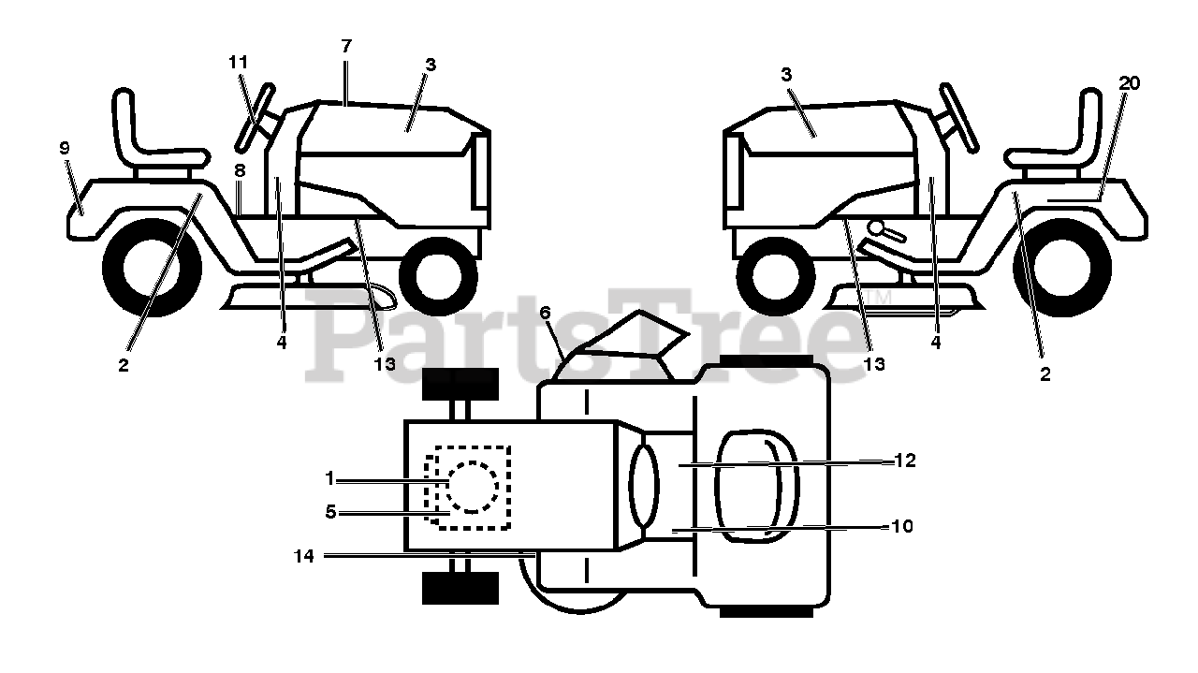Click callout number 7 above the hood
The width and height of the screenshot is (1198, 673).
(x=346, y=47)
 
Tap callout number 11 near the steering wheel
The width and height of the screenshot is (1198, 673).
(x=239, y=63)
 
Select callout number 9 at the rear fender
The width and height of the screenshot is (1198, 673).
(x=65, y=148)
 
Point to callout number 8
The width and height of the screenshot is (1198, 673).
(x=240, y=170)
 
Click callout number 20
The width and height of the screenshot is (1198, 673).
(x=1129, y=83)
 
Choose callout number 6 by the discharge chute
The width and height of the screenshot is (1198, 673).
(x=545, y=313)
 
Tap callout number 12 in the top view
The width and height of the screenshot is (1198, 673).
(x=905, y=461)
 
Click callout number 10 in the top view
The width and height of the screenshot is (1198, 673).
(x=902, y=526)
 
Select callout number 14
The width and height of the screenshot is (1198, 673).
(x=304, y=556)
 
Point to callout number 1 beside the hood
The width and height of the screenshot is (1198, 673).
(x=329, y=478)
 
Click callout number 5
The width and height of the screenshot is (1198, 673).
(x=330, y=512)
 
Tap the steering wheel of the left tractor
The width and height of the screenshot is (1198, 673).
(x=256, y=119)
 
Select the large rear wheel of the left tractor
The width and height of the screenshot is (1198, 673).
(x=152, y=267)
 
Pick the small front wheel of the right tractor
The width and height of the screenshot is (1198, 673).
(x=776, y=276)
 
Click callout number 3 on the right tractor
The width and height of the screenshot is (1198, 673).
(x=785, y=75)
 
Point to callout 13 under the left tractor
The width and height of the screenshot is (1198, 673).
(x=384, y=364)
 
